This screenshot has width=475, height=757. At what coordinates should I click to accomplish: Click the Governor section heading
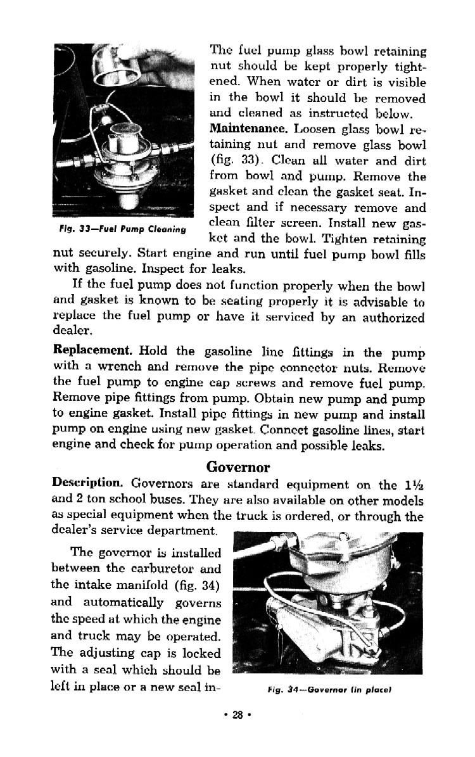(238, 468)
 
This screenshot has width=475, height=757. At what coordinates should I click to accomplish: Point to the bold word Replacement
(92, 350)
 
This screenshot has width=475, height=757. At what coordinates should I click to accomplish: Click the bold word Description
(86, 484)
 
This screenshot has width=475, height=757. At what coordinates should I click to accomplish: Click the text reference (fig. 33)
(233, 161)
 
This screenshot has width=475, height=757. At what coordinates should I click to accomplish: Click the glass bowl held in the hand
(117, 68)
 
